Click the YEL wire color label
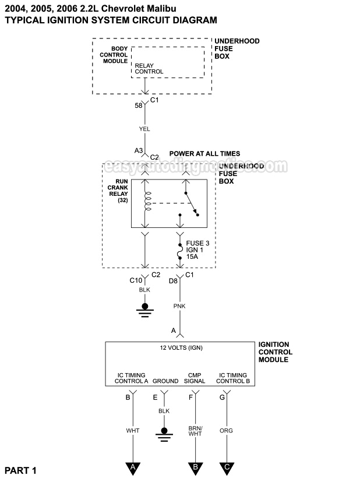pos(145,129)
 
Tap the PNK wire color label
pos(179,304)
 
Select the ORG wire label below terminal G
pos(226,430)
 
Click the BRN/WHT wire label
pos(195,430)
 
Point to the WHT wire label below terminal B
pos(133,430)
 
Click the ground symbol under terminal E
pos(164,433)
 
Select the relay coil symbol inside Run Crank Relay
pos(147,201)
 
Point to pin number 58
pos(139,106)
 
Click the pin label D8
pos(174,282)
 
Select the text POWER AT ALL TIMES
pos(204,154)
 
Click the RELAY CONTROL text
pos(149,69)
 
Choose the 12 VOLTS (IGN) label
pos(181,347)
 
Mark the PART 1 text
pos(21,470)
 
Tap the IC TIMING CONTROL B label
pos(233,378)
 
